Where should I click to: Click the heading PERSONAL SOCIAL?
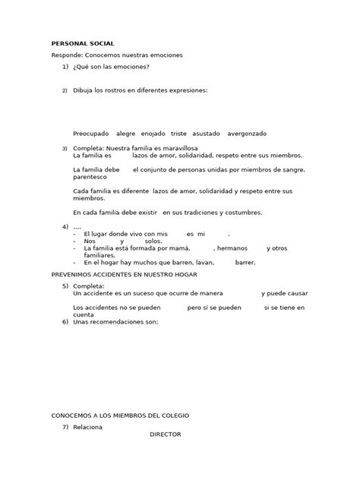point(82,44)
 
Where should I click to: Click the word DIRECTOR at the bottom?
point(166,434)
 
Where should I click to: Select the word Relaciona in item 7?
point(88,427)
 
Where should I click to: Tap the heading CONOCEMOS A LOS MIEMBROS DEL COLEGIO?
point(120,415)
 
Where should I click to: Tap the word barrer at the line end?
point(245,262)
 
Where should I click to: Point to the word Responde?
point(68,55)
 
